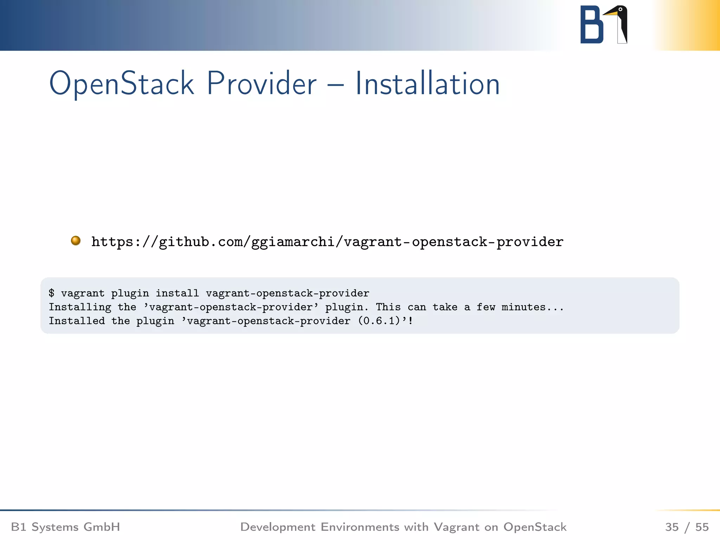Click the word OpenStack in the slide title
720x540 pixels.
point(121,84)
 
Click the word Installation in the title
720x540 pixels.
point(427,84)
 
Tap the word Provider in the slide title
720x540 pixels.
point(262,84)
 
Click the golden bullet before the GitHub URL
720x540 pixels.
point(76,241)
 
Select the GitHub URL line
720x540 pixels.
point(327,242)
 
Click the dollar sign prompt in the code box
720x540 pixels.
point(52,293)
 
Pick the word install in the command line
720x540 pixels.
point(177,293)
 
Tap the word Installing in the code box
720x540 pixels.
point(80,307)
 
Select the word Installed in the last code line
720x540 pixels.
point(77,321)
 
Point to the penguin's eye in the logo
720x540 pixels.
point(621,9)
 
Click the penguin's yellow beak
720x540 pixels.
point(610,13)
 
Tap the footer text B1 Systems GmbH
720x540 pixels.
point(65,527)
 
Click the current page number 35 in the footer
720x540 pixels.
point(671,527)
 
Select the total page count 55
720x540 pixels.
point(702,527)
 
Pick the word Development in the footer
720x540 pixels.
point(278,527)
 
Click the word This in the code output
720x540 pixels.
point(388,307)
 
